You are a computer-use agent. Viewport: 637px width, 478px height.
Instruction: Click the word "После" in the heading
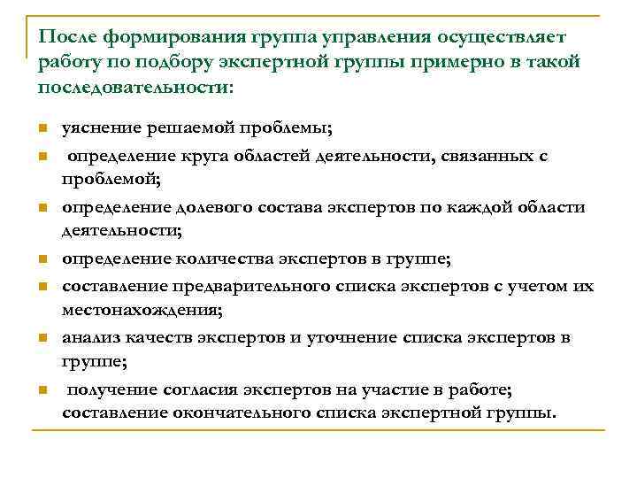pos(68,38)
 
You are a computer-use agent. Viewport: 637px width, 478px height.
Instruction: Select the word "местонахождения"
pos(140,310)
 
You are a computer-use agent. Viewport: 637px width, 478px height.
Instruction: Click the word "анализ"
pos(89,337)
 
